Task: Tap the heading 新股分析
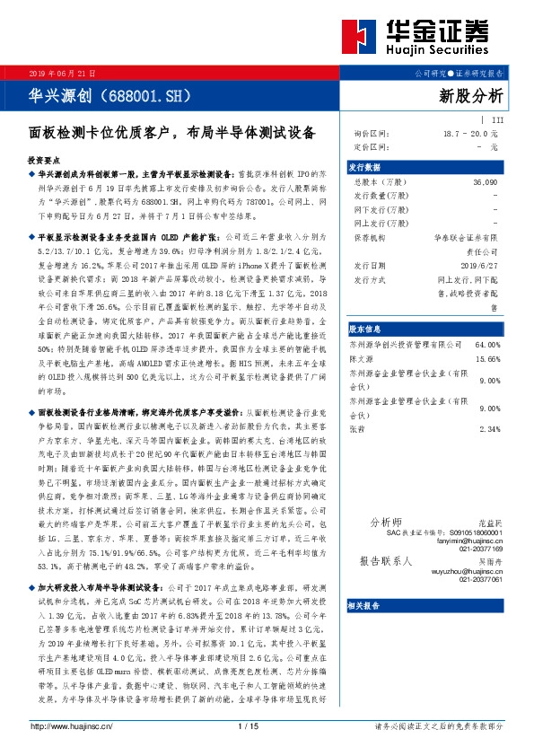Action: (471, 95)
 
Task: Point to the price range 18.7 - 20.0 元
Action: (469, 133)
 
